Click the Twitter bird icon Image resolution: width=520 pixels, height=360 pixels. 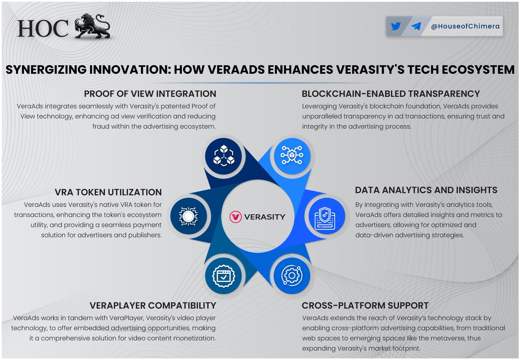coord(396,26)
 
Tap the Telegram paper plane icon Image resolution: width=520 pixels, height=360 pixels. coord(416,26)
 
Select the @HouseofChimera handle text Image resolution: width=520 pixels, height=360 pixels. coord(465,26)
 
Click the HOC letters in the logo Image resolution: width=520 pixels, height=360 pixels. coord(43,28)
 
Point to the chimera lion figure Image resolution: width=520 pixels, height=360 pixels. coord(92,26)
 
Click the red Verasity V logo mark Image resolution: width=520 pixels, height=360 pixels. coord(235,217)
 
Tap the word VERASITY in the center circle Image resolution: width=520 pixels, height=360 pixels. coord(265,217)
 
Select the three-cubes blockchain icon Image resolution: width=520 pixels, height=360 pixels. coord(224,156)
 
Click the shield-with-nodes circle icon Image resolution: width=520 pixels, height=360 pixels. coord(292,156)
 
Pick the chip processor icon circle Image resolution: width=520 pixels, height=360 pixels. coord(188,216)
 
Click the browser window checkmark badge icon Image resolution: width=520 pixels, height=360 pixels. coord(224,276)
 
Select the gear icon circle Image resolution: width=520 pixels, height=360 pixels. coord(292,275)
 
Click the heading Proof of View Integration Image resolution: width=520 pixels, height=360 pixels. coord(150,94)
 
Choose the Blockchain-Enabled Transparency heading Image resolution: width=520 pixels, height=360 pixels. coord(391,94)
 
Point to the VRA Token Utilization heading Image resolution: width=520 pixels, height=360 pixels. coord(108,192)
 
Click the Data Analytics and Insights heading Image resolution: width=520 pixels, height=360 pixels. coord(426,190)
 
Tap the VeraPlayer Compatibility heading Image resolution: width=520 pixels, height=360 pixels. coord(153,305)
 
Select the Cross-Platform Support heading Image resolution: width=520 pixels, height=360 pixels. coord(365,305)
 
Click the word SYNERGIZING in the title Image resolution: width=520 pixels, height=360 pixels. coord(46,69)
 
